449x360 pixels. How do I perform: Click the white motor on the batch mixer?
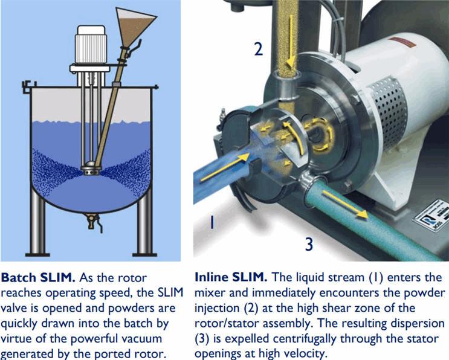click(91, 45)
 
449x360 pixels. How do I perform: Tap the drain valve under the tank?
click(94, 222)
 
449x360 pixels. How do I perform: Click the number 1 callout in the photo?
click(212, 222)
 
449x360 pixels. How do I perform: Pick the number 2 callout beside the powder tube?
click(259, 48)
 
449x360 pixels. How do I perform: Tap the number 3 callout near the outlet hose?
click(309, 245)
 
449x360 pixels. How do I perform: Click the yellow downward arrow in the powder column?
click(291, 43)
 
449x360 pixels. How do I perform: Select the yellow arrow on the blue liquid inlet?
click(225, 167)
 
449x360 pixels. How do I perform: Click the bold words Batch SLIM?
click(38, 278)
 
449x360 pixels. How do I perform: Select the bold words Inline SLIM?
click(230, 277)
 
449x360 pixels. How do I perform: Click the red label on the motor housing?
click(402, 42)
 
